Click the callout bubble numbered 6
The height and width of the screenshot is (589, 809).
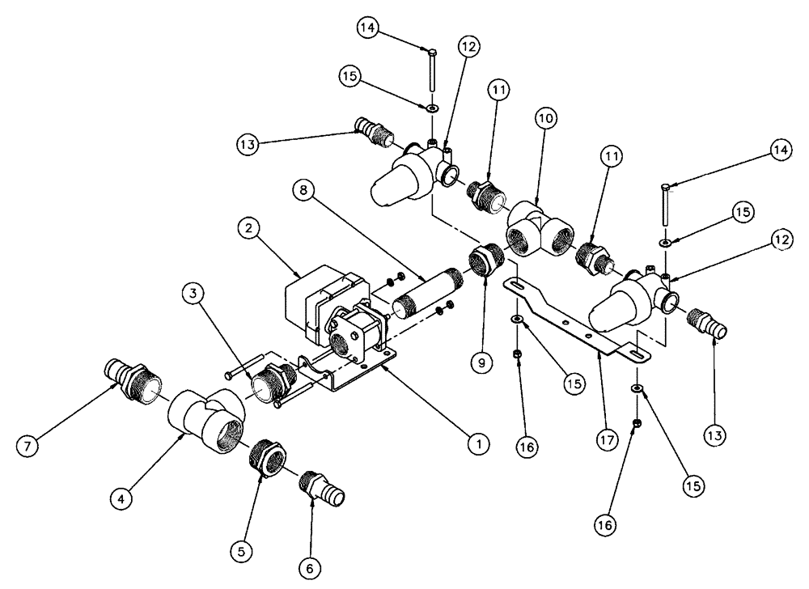(308, 568)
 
